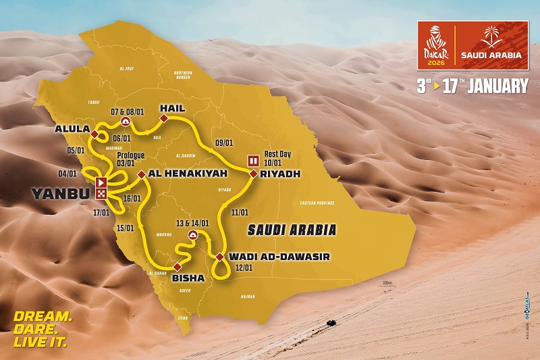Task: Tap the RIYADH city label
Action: [279, 174]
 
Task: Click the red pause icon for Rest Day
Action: [254, 160]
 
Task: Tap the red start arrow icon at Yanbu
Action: [101, 182]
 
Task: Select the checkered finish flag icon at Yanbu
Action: [101, 193]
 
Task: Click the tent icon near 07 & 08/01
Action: [125, 122]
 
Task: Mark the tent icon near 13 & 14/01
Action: [192, 236]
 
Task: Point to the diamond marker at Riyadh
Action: [253, 174]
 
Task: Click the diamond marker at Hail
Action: [163, 119]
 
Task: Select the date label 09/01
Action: [223, 143]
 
